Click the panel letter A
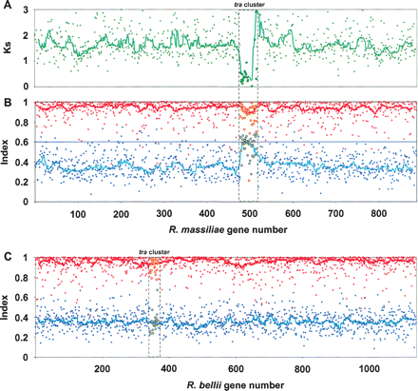pos(6,8)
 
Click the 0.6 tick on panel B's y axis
pos(24,142)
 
